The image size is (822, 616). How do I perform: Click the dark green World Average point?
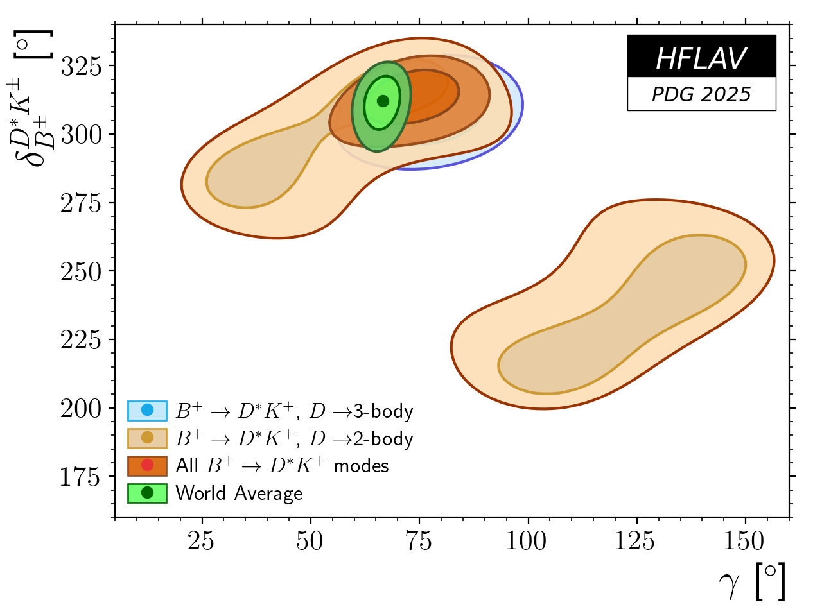tap(383, 101)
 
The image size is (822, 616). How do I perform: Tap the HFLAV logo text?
tap(701, 59)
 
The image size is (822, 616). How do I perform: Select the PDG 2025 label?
tap(701, 94)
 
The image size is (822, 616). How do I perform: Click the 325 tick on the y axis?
tap(82, 66)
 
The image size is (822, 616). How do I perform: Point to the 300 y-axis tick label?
tap(82, 135)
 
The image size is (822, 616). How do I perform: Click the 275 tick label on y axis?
tap(82, 203)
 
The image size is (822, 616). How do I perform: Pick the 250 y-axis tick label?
tap(82, 271)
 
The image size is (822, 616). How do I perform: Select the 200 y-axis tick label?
tap(82, 408)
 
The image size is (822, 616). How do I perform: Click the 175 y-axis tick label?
tap(82, 477)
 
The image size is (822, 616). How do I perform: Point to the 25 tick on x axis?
tap(202, 542)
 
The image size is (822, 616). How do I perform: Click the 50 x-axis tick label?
tap(310, 542)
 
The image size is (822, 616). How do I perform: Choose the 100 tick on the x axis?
tap(527, 542)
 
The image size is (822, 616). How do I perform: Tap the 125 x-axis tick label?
tap(635, 542)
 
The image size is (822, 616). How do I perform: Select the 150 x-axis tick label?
tap(744, 542)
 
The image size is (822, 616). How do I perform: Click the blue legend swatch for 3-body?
tap(147, 410)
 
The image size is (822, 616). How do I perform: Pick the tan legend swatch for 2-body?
tap(147, 438)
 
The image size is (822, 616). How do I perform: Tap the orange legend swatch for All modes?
tap(147, 465)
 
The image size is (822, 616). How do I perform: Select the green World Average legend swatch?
tap(147, 493)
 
